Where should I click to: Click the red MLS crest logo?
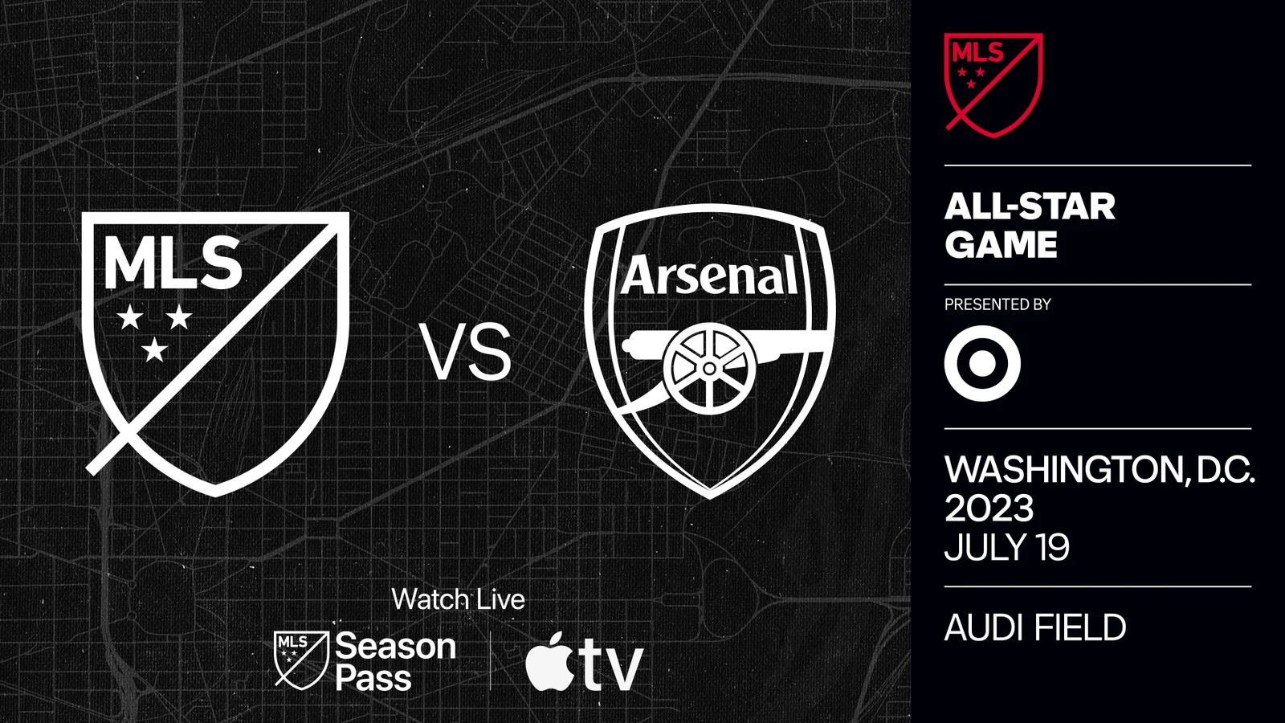click(993, 84)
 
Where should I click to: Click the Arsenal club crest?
click(710, 350)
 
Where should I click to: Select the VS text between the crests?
click(466, 353)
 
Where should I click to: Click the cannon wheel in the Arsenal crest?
click(709, 369)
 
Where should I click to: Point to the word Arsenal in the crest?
click(710, 276)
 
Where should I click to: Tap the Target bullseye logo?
click(982, 363)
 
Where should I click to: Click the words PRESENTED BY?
click(997, 304)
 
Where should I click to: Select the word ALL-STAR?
click(1030, 207)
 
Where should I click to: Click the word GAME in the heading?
click(1001, 245)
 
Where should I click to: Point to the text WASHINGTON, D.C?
click(1099, 470)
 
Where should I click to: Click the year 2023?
click(989, 509)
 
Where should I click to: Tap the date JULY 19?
click(1006, 548)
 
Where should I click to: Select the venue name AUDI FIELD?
click(1034, 627)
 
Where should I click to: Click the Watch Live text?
click(458, 599)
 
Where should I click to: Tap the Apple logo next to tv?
click(550, 662)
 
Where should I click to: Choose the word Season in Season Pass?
click(395, 647)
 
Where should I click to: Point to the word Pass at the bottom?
click(373, 679)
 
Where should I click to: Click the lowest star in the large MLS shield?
click(154, 349)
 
